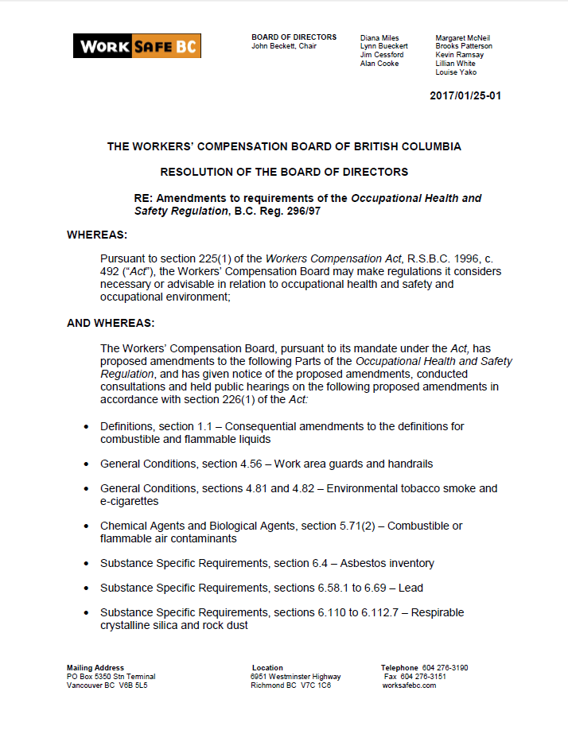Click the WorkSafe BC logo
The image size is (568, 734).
point(137,45)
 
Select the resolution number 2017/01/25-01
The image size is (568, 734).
point(465,96)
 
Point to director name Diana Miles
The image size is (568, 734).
point(379,37)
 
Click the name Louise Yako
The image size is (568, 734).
point(456,72)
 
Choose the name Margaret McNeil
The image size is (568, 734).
point(462,37)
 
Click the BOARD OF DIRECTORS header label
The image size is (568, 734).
point(294,37)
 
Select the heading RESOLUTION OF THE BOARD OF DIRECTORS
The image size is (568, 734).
point(284,172)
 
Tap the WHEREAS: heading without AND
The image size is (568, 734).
point(97,235)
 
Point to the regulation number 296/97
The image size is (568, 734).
point(306,211)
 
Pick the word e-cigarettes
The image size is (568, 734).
point(130,501)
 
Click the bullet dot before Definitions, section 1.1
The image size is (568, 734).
point(86,427)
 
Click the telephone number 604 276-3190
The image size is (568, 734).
point(445,668)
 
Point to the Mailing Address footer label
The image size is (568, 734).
point(95,668)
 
